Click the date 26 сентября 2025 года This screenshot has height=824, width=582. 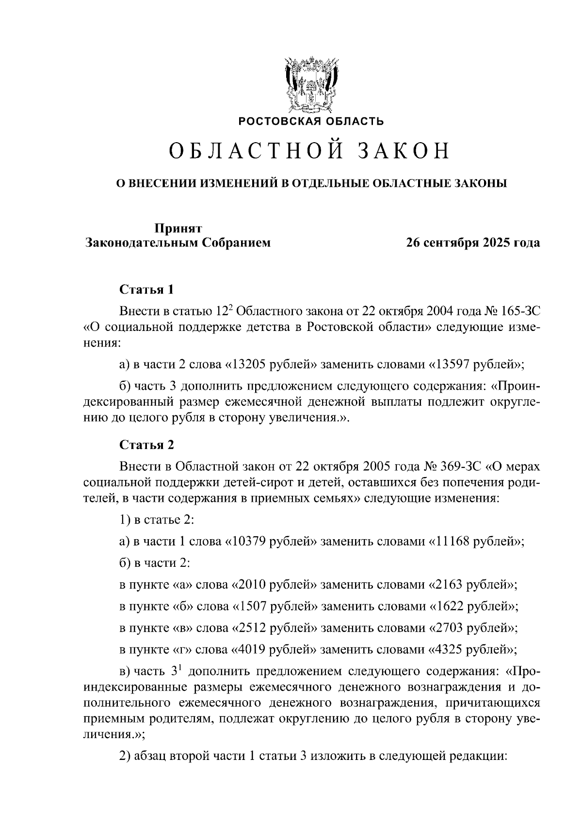[x=473, y=243]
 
